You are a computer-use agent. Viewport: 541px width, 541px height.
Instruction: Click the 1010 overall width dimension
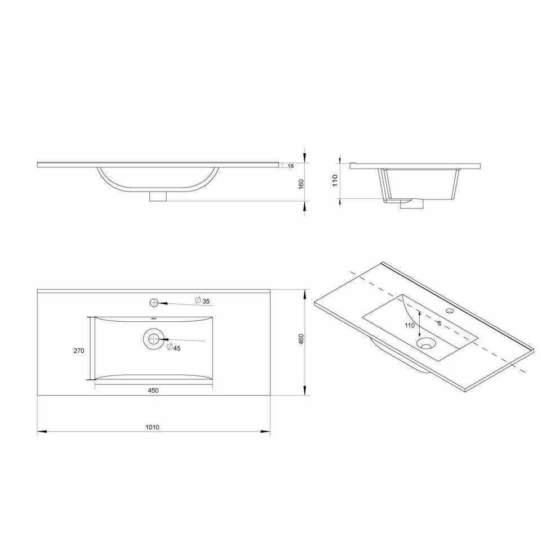152,427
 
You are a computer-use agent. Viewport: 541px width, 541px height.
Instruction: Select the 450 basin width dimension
153,391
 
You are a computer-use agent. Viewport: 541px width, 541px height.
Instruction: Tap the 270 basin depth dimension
79,351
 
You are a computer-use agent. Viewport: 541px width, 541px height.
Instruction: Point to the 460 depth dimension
301,339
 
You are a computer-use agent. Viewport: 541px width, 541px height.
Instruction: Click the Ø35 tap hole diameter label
202,300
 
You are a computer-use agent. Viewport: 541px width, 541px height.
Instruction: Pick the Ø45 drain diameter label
174,348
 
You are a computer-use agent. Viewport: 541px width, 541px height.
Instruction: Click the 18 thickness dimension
291,166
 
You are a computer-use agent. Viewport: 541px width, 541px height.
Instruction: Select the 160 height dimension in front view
301,184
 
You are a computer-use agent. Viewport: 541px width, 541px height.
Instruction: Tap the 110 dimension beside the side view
335,180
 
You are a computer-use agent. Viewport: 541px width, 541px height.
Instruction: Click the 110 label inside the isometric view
410,325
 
